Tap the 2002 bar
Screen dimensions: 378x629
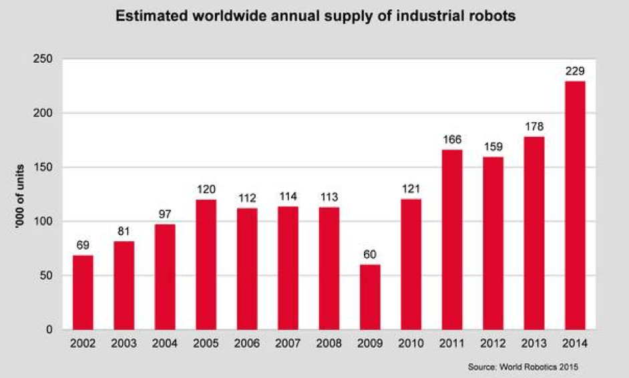[x=83, y=293]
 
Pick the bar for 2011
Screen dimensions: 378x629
[x=453, y=240]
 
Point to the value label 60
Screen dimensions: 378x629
[x=371, y=255]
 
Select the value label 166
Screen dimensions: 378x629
[x=453, y=140]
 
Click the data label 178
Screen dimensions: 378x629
[x=535, y=128]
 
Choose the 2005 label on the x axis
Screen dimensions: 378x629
[x=206, y=345]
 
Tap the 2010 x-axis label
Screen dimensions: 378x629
[x=412, y=345]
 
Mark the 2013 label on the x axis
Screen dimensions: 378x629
[x=535, y=345]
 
